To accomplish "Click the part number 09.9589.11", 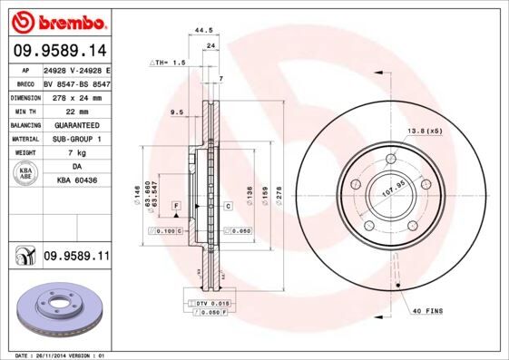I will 76,257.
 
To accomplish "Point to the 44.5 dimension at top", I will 204,31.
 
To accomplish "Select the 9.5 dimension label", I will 177,112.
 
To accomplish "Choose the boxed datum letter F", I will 175,207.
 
